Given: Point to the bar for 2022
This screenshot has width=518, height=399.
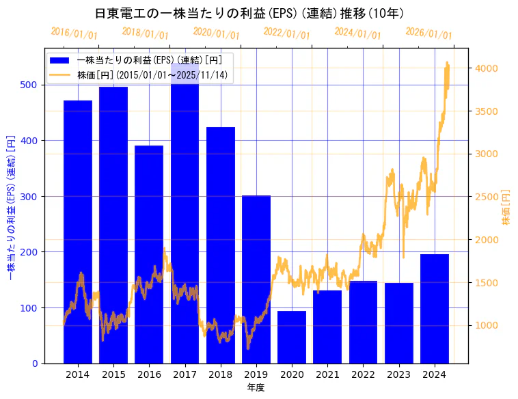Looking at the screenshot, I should point(363,322).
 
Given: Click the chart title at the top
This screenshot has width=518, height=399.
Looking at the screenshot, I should point(249,14).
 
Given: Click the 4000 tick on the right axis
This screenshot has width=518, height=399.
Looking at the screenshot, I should point(487,68).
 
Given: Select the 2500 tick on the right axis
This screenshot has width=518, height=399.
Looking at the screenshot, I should point(487,197).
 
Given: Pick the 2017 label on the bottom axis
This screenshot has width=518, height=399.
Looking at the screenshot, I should point(185,374).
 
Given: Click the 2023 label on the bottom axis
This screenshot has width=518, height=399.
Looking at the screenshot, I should point(398,374).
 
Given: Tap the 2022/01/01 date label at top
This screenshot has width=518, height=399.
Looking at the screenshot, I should point(287,33).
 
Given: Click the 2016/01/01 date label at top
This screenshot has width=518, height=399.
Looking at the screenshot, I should point(74,33).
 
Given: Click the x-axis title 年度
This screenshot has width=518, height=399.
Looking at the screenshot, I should point(256,387).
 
